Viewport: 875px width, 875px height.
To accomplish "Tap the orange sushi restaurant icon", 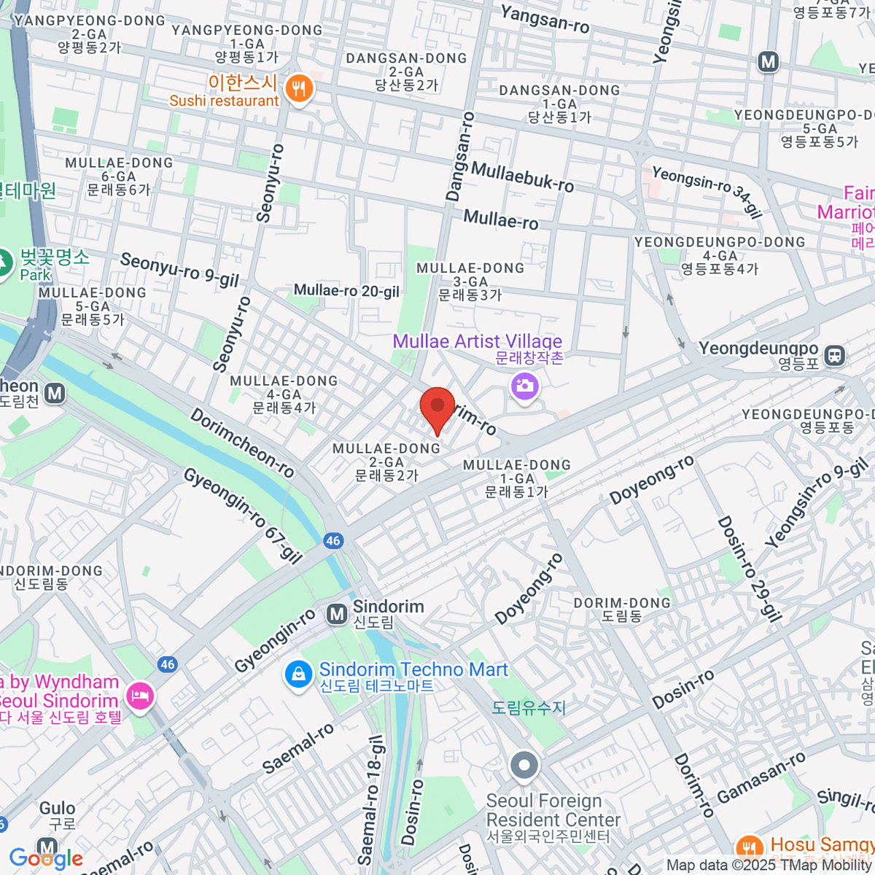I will (x=299, y=90).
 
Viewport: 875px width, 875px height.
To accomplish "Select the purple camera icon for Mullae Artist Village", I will (x=525, y=386).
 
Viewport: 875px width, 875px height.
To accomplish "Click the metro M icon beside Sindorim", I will (x=336, y=615).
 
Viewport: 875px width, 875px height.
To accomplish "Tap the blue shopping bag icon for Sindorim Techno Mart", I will (x=298, y=674).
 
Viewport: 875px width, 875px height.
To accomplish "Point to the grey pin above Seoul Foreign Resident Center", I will (x=524, y=767).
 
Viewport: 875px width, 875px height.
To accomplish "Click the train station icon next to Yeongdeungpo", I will (x=835, y=356).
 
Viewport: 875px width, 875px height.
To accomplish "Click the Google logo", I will (x=46, y=858).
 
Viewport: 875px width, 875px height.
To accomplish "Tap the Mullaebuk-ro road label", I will (x=522, y=177).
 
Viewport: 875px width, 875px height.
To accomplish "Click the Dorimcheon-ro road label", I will (x=242, y=443).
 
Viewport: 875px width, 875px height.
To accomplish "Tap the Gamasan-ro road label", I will (x=762, y=777).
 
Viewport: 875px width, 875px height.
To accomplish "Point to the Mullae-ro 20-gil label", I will (x=346, y=291).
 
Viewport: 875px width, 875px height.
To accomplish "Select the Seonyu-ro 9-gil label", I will (x=179, y=270).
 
